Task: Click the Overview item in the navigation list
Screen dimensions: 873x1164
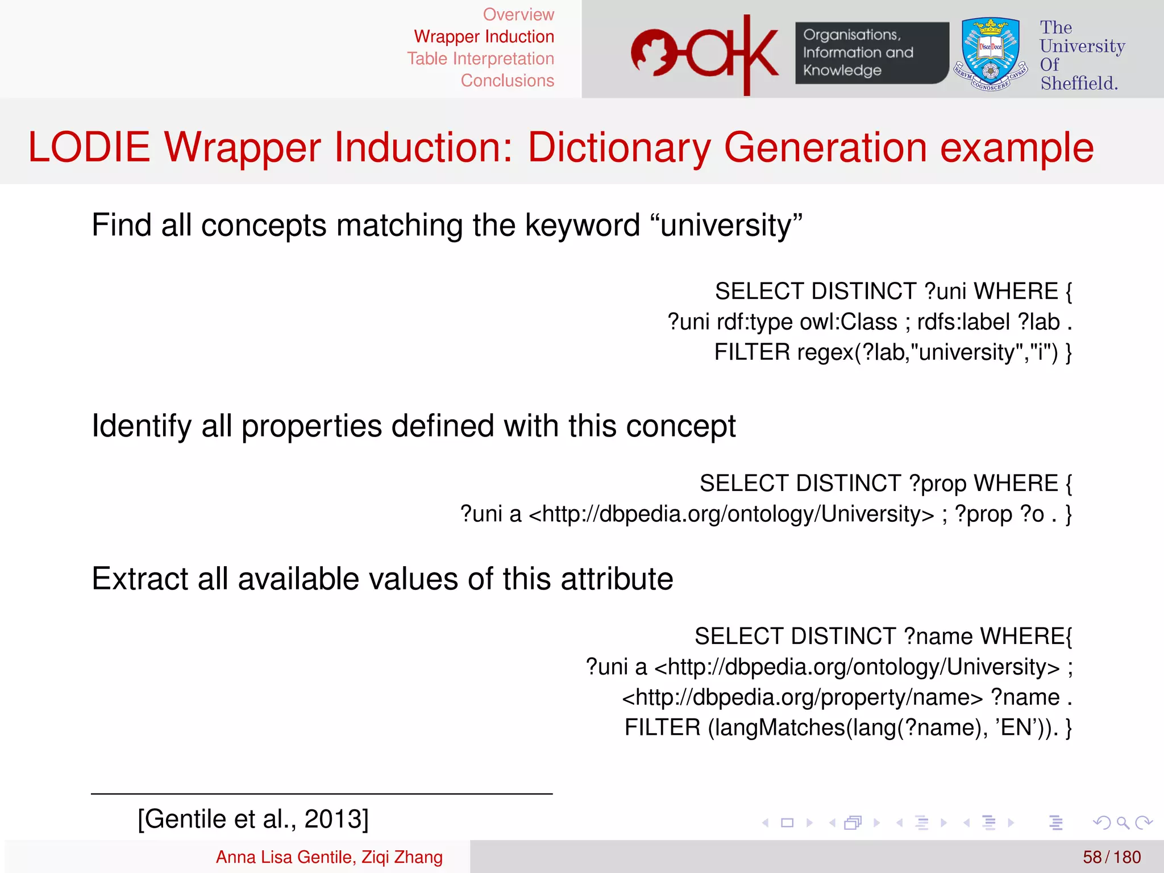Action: click(x=518, y=14)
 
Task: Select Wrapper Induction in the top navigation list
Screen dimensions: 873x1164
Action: click(x=484, y=36)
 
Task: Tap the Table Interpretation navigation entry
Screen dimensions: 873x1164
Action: click(x=480, y=59)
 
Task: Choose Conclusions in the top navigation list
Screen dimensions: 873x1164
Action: click(x=507, y=81)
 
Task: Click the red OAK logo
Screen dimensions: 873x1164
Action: click(x=705, y=54)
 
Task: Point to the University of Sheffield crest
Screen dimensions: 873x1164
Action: click(x=991, y=54)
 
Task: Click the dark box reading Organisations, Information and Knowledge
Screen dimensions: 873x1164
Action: click(x=871, y=53)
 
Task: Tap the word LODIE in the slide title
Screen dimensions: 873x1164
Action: click(x=89, y=147)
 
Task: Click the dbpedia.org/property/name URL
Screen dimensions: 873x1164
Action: click(x=802, y=697)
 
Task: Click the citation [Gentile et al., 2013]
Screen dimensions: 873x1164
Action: click(x=253, y=819)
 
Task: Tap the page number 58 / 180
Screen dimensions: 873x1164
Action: click(x=1111, y=857)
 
